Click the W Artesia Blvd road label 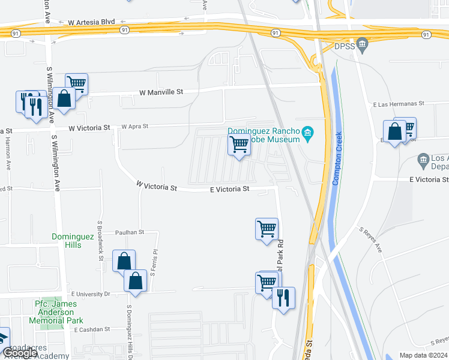(91, 22)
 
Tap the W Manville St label (161, 92)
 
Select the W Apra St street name (134, 127)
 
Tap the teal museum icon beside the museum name (308, 133)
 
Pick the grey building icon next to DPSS (361, 44)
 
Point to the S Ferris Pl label (154, 262)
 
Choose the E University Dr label (91, 294)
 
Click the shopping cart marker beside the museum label (240, 145)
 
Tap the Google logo (20, 353)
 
